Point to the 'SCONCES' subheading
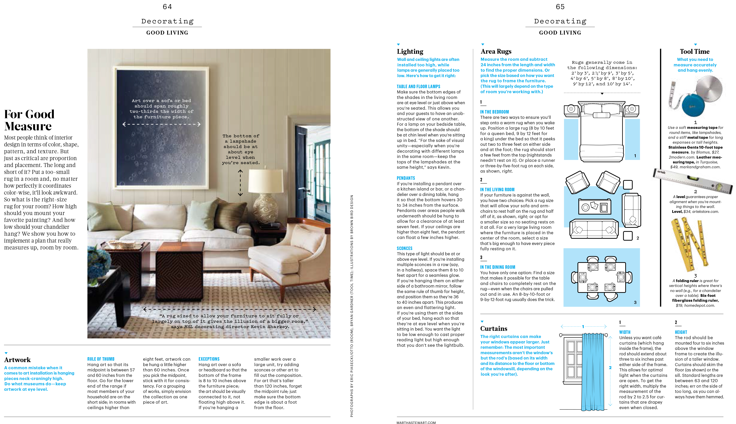404,248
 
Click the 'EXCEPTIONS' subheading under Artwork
209,359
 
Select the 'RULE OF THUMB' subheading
101,359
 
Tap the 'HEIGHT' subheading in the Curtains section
681,332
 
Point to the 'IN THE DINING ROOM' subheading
497,267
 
